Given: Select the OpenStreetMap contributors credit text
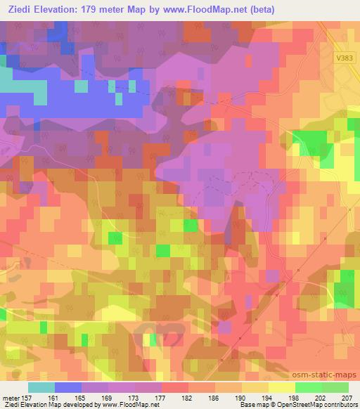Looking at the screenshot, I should click(317, 405).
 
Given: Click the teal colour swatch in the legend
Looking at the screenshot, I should click(41, 388).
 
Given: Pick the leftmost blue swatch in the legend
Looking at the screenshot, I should click(68, 388).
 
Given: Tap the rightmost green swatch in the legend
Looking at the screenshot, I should click(335, 388).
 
